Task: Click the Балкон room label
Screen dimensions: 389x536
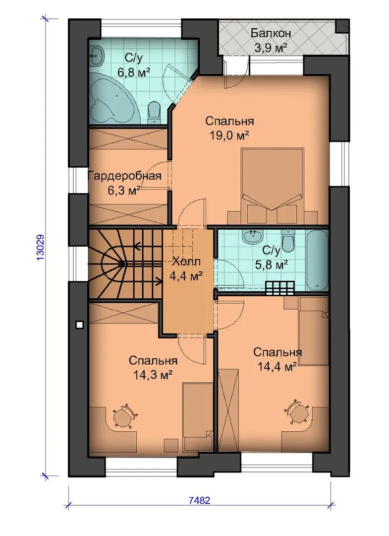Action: tap(271, 33)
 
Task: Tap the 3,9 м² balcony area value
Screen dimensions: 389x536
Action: tap(271, 47)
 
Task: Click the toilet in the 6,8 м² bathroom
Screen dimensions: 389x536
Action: tap(154, 113)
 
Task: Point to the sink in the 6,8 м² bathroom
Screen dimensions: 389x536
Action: tap(97, 55)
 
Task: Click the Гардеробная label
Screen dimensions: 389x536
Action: tap(124, 176)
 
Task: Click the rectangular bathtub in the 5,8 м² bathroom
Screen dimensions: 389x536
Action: tap(316, 260)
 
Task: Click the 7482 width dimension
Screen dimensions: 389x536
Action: tap(199, 501)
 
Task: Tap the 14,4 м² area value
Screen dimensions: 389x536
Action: tap(277, 367)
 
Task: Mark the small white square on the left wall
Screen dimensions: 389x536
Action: tap(79, 325)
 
